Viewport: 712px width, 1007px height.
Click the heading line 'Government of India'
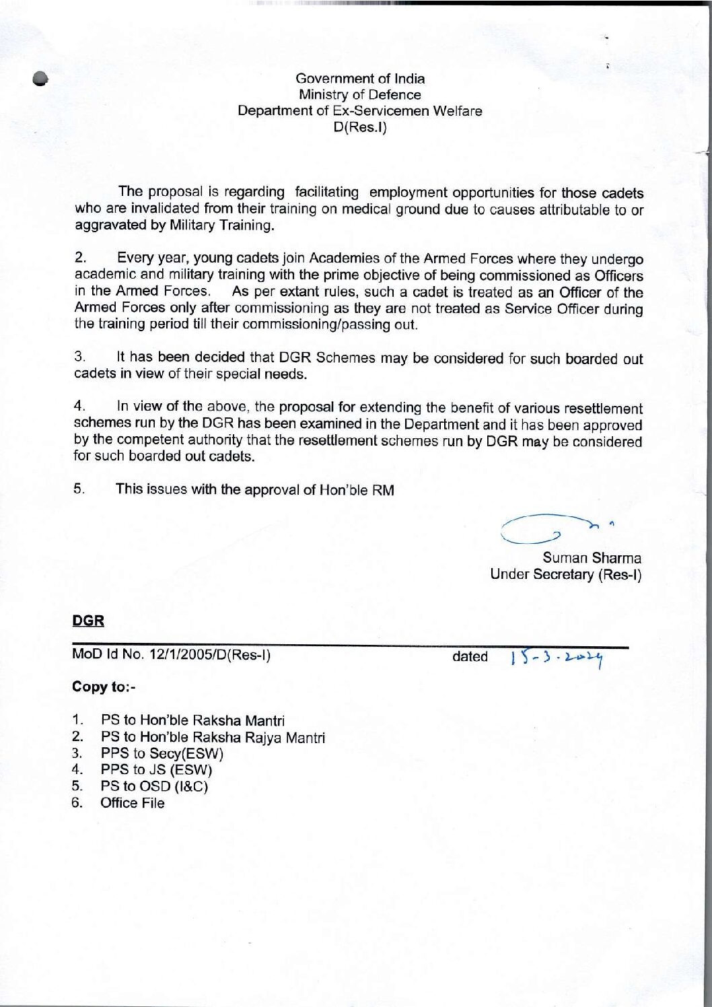360,79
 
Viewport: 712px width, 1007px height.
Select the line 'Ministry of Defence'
360,95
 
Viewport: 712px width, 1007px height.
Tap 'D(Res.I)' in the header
360,127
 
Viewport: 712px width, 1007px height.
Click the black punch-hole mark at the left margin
41,79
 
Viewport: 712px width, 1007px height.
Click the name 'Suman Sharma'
592,558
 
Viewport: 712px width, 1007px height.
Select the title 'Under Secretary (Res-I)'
565,575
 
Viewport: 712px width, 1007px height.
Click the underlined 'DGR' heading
88,621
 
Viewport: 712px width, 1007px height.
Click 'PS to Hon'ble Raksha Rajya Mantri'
213,738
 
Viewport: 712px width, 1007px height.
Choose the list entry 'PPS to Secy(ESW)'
162,754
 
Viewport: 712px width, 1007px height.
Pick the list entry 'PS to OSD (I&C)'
154,786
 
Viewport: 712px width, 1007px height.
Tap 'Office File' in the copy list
133,803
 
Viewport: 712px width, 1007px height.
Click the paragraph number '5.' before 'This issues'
79,489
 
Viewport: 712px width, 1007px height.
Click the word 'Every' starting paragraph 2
135,258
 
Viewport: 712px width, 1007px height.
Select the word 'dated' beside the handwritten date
470,657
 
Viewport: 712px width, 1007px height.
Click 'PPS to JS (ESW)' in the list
156,770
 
